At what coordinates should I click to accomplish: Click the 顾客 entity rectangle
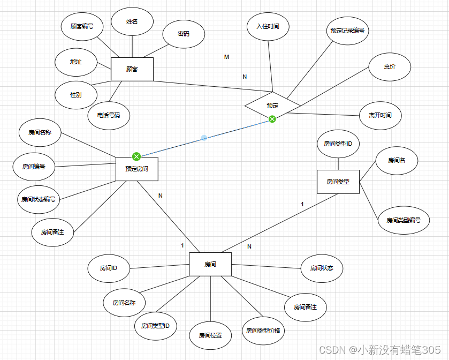coord(132,69)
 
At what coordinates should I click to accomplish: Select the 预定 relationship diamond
coord(272,105)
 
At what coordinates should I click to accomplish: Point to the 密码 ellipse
coord(183,33)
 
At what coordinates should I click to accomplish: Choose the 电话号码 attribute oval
coord(109,115)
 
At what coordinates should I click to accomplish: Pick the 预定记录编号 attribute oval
coord(347,31)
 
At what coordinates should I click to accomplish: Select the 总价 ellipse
coord(390,67)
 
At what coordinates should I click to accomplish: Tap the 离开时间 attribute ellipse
coord(380,115)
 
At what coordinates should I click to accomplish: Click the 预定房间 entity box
coord(137,169)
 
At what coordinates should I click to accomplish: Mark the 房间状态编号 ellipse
coord(38,199)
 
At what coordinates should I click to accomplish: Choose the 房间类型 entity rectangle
coord(338,182)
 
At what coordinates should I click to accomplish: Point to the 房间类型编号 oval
coord(404,220)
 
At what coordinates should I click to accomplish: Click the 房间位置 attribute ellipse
coord(210,336)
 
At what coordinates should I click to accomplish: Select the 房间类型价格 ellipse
coord(263,331)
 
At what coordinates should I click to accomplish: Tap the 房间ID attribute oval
coord(108,268)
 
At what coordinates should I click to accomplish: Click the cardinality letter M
coord(226,57)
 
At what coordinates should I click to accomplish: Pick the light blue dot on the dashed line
coord(204,138)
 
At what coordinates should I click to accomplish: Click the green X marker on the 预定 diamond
coord(272,118)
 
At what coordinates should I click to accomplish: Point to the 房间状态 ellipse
coord(322,267)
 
